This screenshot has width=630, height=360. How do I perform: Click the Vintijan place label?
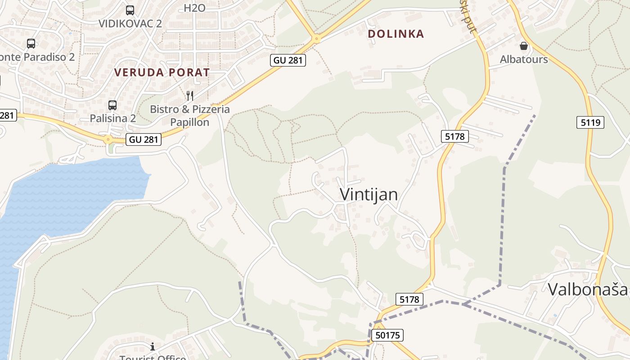[369, 194]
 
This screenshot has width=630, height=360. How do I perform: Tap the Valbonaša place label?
[588, 289]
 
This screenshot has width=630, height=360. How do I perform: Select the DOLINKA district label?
[396, 34]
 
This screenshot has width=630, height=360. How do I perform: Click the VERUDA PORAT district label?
[162, 72]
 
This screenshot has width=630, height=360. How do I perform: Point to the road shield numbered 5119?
[590, 122]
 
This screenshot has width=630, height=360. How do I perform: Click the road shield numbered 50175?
[387, 335]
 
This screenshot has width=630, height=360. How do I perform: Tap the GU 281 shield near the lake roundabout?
[144, 139]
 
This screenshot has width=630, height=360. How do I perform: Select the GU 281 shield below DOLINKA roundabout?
[288, 60]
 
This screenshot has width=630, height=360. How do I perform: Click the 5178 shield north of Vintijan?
[455, 136]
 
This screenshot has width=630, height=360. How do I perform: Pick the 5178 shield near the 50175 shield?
[409, 299]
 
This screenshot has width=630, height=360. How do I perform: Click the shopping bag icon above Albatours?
[524, 46]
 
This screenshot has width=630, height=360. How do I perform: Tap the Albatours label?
[524, 59]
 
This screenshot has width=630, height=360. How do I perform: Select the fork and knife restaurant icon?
[190, 95]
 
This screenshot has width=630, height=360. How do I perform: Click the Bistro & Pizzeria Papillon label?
[190, 116]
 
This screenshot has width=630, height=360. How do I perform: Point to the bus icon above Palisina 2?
[112, 105]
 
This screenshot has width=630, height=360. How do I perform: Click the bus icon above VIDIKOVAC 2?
[130, 10]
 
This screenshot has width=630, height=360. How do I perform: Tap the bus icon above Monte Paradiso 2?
[31, 44]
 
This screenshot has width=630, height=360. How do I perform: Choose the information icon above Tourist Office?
[153, 346]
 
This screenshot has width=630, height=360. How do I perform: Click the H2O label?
[194, 8]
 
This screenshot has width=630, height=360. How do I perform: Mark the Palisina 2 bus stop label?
[112, 118]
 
